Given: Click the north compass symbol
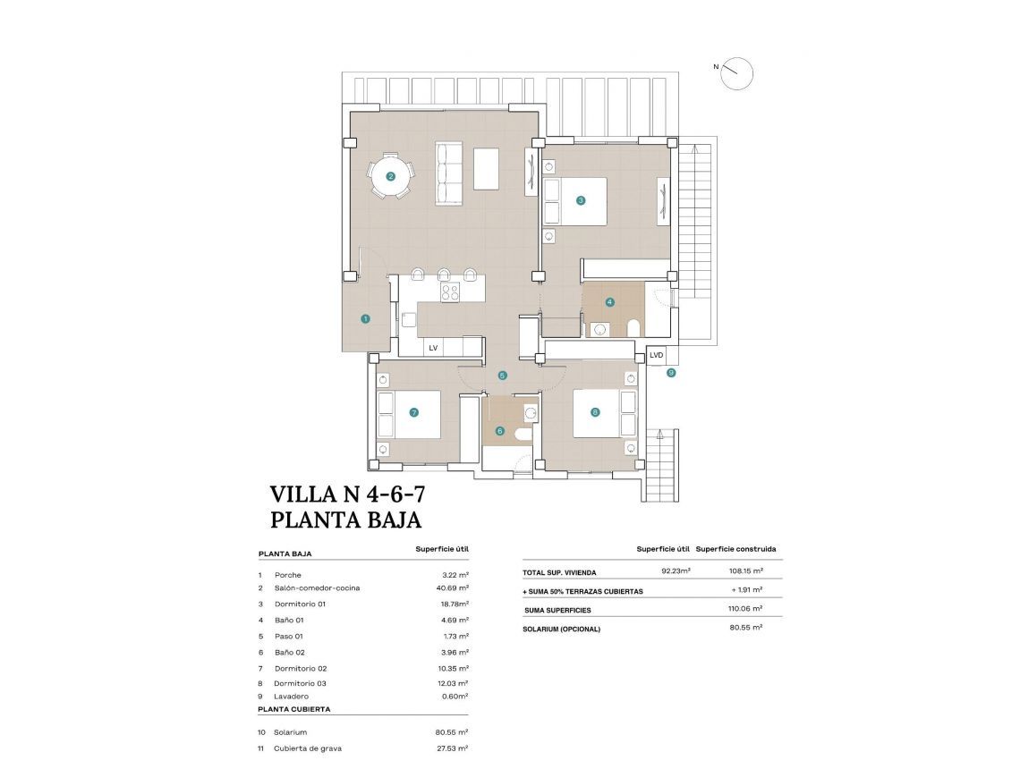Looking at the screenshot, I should click(737, 73).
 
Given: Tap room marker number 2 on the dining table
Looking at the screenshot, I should click(390, 177).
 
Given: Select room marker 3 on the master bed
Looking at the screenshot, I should click(581, 200).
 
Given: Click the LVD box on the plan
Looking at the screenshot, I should click(657, 355).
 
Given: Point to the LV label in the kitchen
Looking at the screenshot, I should click(433, 348).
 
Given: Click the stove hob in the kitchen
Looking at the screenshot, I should click(449, 292).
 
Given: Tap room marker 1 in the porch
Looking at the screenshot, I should click(365, 318).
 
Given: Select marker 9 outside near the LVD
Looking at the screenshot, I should click(671, 373).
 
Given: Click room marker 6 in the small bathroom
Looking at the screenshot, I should click(500, 431).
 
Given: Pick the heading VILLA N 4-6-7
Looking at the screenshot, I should click(347, 494).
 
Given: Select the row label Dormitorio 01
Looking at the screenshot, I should click(300, 604).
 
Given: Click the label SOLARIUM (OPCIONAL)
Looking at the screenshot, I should click(561, 629).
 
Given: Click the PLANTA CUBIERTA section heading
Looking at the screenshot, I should click(294, 708).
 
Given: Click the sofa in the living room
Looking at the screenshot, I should click(448, 173).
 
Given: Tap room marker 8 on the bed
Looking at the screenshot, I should click(596, 412).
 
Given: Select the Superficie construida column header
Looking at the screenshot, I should click(735, 548).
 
